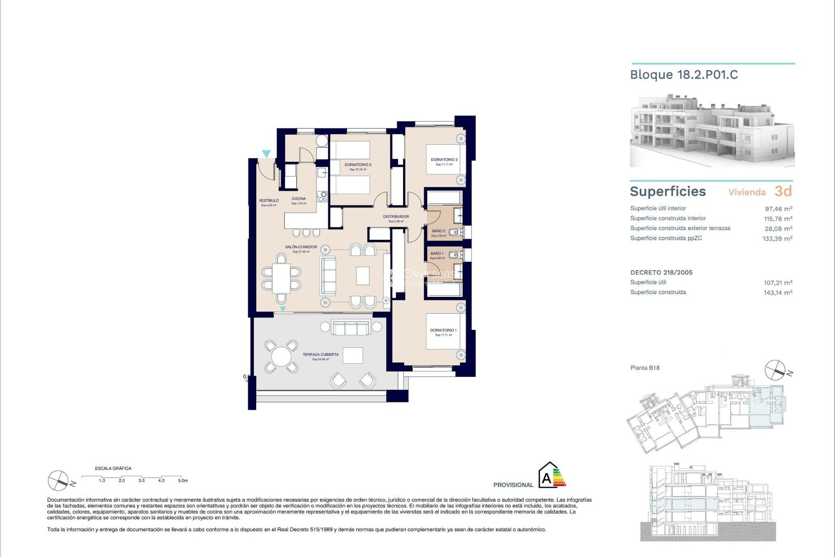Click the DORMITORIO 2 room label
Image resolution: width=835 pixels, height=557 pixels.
click(444, 160)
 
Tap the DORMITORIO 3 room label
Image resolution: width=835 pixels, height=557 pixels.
click(357, 165)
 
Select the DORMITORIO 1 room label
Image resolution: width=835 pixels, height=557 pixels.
click(443, 330)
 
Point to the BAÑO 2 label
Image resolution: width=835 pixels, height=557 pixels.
click(438, 231)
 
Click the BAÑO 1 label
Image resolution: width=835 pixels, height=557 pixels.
click(437, 253)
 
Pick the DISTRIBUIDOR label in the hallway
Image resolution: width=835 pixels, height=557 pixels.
click(396, 217)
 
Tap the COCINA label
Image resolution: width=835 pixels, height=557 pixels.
click(299, 199)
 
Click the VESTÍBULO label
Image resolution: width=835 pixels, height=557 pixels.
click(269, 201)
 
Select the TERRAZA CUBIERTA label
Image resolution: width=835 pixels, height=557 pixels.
click(321, 355)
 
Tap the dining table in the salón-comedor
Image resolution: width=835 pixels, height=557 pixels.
click(281, 278)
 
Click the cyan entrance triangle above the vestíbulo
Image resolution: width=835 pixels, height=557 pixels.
click(266, 154)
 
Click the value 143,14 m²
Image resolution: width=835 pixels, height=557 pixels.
click(778, 293)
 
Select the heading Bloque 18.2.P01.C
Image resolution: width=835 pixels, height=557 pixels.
click(684, 75)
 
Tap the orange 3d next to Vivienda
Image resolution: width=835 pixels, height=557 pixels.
click(783, 191)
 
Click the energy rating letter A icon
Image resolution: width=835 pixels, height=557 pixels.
click(547, 479)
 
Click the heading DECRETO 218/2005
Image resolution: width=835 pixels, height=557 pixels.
click(661, 272)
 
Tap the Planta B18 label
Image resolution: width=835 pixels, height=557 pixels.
click(645, 368)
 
